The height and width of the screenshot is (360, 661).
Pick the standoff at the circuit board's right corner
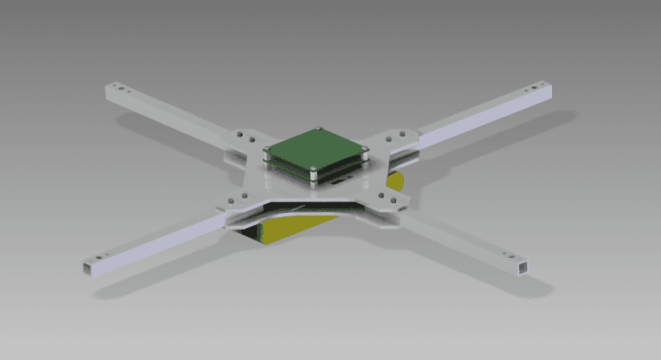pyautogui.click(x=363, y=151)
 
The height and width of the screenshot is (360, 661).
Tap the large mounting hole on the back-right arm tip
pyautogui.click(x=532, y=89)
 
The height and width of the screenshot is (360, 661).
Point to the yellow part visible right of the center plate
pyautogui.click(x=395, y=183)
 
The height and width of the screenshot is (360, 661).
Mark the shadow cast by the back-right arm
pyautogui.click(x=496, y=142)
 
